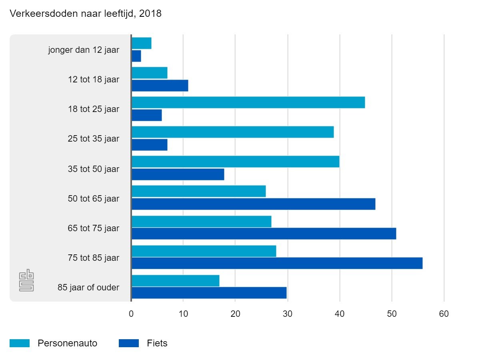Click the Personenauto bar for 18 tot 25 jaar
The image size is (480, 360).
click(x=248, y=102)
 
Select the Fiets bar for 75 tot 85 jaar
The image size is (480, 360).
click(x=277, y=263)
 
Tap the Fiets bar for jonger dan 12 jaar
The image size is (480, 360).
click(x=136, y=56)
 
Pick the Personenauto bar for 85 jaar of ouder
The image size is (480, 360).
click(x=175, y=281)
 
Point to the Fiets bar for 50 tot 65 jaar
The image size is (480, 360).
click(x=253, y=204)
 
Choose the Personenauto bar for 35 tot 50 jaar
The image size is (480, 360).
click(x=235, y=162)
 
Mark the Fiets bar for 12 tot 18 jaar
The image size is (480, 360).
click(x=160, y=86)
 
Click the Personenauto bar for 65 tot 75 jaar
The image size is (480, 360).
click(x=201, y=221)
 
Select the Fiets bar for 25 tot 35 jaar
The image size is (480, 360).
click(x=149, y=145)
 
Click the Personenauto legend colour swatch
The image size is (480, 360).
click(x=20, y=343)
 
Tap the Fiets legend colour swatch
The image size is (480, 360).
click(x=128, y=343)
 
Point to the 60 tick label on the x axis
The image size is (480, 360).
click(x=444, y=314)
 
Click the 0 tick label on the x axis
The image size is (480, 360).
click(x=131, y=314)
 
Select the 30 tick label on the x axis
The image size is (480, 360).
click(x=288, y=314)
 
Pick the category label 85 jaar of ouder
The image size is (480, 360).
click(x=88, y=287)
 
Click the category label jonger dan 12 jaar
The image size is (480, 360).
click(x=84, y=50)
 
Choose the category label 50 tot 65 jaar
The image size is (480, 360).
click(x=94, y=198)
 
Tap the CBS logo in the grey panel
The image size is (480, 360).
click(x=26, y=281)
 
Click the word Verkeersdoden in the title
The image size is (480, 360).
click(x=37, y=14)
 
